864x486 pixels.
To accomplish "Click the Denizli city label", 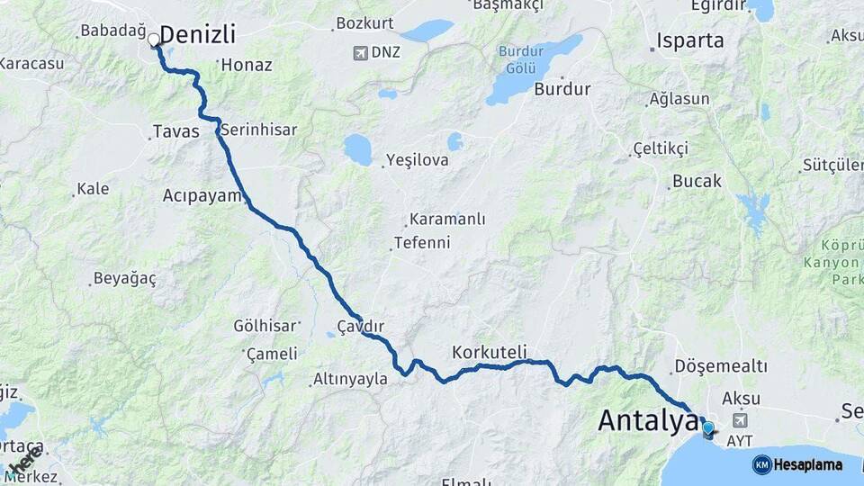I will click(x=197, y=36).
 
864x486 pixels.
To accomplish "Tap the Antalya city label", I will click(x=646, y=419).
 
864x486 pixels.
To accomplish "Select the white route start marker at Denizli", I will click(x=154, y=40).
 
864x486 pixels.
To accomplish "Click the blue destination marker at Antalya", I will click(x=708, y=430).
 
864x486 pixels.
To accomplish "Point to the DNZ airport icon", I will click(x=361, y=52).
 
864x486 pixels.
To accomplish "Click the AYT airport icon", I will click(x=740, y=420).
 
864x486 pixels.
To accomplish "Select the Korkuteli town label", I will click(x=490, y=351).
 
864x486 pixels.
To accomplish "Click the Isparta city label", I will click(x=690, y=40).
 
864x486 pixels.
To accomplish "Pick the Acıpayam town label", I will click(x=202, y=195).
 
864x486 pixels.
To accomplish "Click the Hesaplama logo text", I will click(x=809, y=465).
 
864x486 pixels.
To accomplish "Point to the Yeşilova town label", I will click(x=417, y=161).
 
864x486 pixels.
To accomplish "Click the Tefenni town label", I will click(x=422, y=243).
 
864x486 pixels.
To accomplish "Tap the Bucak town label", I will click(x=697, y=182).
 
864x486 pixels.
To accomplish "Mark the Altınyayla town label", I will click(x=350, y=380).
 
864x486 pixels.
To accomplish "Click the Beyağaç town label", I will click(x=126, y=279).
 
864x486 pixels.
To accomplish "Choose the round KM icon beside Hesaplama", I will click(x=761, y=465).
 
